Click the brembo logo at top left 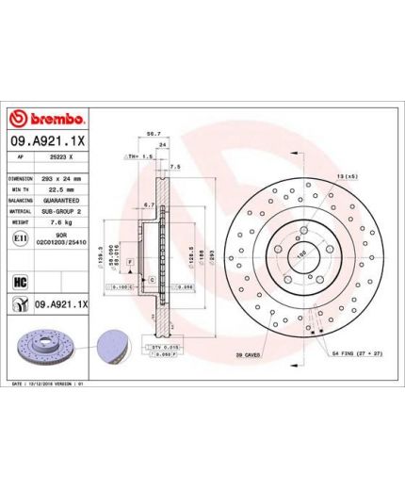tap(48, 120)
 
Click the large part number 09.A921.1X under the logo tap(48, 141)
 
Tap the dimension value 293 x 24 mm tap(62, 178)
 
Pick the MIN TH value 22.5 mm tap(61, 189)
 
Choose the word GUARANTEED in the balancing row tap(63, 201)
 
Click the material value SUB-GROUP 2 tap(63, 212)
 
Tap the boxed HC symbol tap(20, 281)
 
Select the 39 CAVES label tap(248, 355)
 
